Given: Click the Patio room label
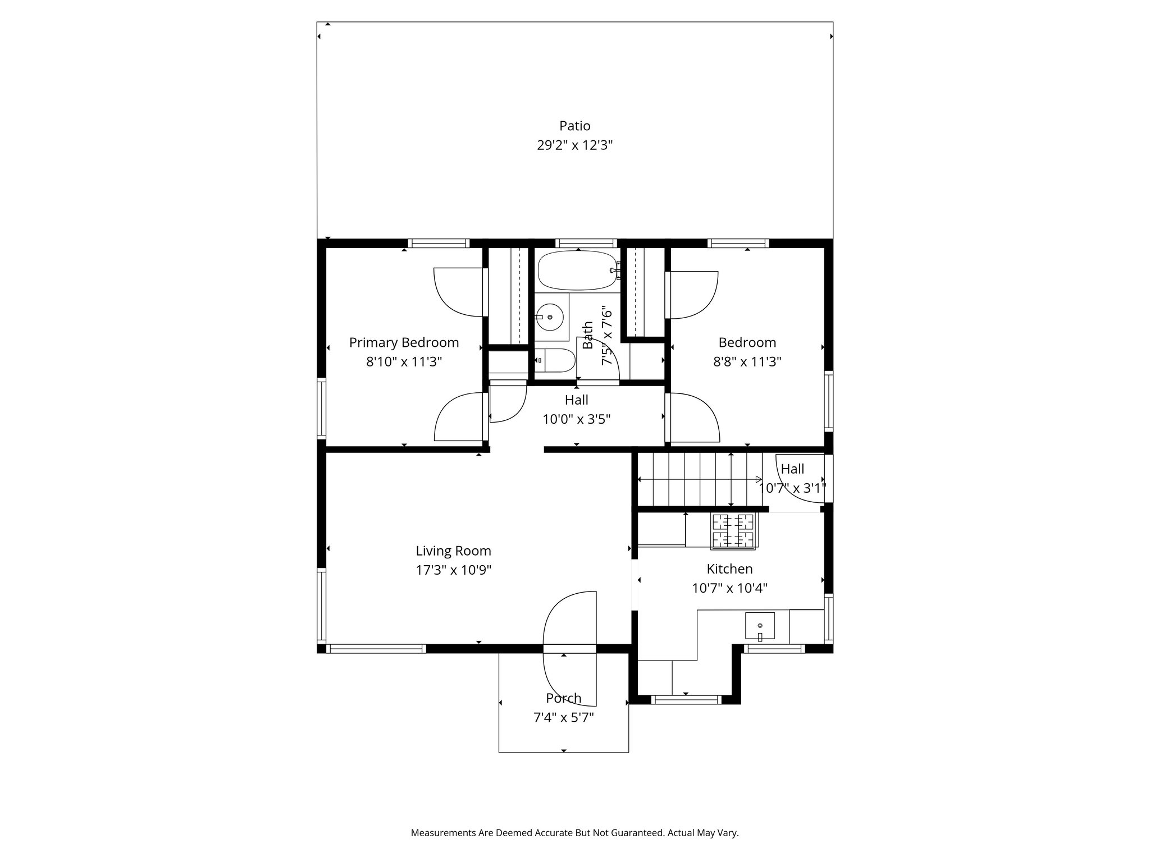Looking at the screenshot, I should point(574,126).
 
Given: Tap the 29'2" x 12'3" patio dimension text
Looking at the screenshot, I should point(574,145).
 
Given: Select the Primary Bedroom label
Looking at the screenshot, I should point(404,342).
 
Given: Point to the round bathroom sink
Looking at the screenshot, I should point(549,317).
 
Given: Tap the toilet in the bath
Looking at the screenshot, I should point(554,360).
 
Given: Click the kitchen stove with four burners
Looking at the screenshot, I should point(733,531).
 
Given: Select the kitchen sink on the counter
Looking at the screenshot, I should point(759,626).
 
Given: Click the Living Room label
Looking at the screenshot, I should point(453,551).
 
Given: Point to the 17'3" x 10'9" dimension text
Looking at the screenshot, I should point(453,571).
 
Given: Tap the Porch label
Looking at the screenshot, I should point(563,698).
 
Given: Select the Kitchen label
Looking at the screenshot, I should point(729,569).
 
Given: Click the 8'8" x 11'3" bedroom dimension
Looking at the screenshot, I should point(747,362).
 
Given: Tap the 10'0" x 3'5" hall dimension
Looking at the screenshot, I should point(576,419).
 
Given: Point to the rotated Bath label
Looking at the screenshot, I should point(588,335).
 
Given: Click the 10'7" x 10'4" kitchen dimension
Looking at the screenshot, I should point(729,589).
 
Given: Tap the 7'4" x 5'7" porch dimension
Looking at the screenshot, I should point(563,718).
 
